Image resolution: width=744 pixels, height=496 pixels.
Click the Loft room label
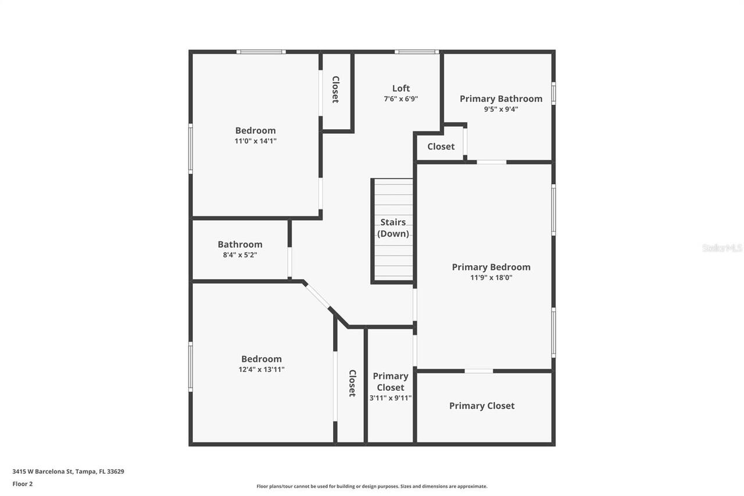pyautogui.click(x=401, y=88)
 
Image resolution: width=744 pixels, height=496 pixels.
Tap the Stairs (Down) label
pyautogui.click(x=393, y=228)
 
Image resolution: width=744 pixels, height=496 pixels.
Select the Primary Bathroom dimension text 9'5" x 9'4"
pyautogui.click(x=501, y=109)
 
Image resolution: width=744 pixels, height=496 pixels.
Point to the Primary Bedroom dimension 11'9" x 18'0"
pyautogui.click(x=491, y=277)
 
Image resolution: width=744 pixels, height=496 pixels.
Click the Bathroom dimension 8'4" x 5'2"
pyautogui.click(x=240, y=255)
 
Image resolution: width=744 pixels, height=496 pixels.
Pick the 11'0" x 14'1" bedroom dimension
pyautogui.click(x=255, y=141)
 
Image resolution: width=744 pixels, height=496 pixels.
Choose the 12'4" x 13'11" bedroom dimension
pyautogui.click(x=262, y=369)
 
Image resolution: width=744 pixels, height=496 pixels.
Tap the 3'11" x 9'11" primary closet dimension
pyautogui.click(x=391, y=398)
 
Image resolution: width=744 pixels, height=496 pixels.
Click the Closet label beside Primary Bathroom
pyautogui.click(x=441, y=147)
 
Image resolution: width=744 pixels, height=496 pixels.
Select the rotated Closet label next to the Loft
pyautogui.click(x=335, y=90)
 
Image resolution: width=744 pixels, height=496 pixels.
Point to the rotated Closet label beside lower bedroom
pyautogui.click(x=352, y=383)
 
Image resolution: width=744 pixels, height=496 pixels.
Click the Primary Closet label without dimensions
pyautogui.click(x=482, y=406)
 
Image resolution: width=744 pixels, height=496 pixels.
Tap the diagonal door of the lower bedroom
pyautogui.click(x=317, y=296)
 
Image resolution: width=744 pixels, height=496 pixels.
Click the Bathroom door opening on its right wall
pyautogui.click(x=289, y=262)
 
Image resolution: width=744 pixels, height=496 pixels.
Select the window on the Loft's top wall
pyautogui.click(x=417, y=52)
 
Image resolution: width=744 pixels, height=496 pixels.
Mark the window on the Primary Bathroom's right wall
pyautogui.click(x=553, y=94)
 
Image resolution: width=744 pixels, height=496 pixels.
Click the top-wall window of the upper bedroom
pyautogui.click(x=261, y=52)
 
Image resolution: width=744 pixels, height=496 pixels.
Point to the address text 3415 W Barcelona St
pyautogui.click(x=42, y=472)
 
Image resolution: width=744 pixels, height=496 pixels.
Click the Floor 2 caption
pyautogui.click(x=23, y=484)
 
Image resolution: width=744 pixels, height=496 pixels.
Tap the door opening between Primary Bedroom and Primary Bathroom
pyautogui.click(x=492, y=162)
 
